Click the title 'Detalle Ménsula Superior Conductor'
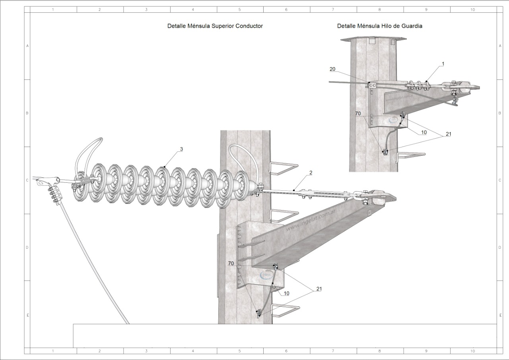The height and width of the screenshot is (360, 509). (215, 26)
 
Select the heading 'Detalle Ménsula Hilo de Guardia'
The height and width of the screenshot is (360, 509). (379, 26)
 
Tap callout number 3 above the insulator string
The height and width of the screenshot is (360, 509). (181, 149)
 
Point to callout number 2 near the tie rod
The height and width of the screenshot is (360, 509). (311, 173)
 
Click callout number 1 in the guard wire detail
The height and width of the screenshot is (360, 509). (443, 64)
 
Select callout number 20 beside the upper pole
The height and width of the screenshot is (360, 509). (332, 69)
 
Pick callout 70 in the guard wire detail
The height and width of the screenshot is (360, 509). (358, 113)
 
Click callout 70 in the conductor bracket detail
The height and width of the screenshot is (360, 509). (231, 263)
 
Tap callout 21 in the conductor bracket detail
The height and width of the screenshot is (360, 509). (319, 289)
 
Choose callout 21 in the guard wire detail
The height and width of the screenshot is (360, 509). (449, 134)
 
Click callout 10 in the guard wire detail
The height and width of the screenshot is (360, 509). (424, 132)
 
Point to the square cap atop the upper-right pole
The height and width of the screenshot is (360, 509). (374, 39)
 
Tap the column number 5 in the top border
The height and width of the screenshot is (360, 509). (240, 9)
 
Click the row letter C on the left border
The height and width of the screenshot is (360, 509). (27, 180)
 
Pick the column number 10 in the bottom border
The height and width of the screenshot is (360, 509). (472, 351)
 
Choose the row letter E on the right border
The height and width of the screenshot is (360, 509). (500, 315)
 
